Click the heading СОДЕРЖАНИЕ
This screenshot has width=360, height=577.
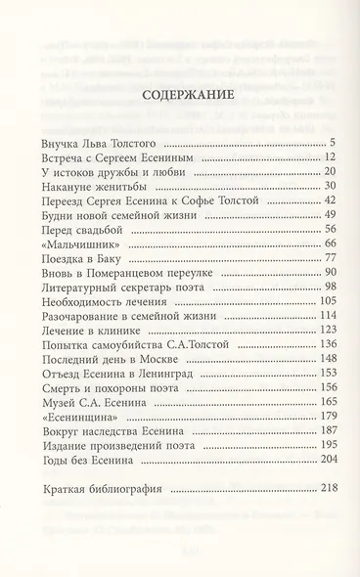[179, 95]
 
